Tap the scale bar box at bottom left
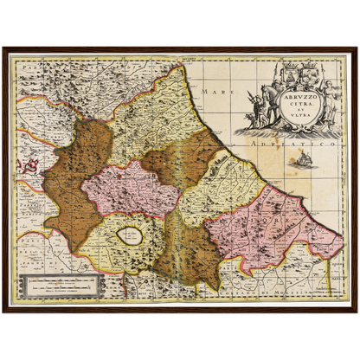point(63,285)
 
